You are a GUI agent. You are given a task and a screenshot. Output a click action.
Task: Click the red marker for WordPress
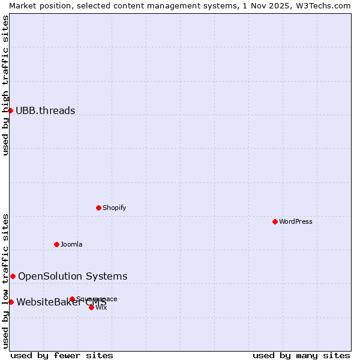click(275, 221)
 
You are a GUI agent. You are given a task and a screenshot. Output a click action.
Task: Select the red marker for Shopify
click(98, 208)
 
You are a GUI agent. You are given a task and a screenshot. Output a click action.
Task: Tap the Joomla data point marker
click(56, 244)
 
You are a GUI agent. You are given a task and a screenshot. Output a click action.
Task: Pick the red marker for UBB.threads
click(10, 110)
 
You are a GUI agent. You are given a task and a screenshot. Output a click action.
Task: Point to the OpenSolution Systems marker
click(13, 276)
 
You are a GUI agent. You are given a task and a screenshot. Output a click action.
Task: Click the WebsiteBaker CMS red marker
click(11, 302)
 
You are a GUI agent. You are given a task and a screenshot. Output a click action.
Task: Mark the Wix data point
click(91, 307)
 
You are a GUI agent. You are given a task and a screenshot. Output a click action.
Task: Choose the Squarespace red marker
click(72, 299)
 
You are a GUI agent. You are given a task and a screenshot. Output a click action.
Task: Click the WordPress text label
click(296, 221)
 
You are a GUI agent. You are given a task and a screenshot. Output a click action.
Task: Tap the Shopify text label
click(114, 208)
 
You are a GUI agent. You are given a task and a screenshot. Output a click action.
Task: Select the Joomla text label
click(71, 244)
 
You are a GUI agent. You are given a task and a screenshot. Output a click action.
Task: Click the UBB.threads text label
click(46, 110)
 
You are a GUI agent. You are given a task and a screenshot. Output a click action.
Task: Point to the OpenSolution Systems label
click(73, 276)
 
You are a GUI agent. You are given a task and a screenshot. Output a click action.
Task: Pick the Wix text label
click(101, 307)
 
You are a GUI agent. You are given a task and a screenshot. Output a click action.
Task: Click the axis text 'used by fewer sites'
click(62, 355)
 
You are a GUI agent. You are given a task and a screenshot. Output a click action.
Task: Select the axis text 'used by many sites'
click(301, 355)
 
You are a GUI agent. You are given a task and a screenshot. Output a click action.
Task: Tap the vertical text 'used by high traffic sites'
click(5, 85)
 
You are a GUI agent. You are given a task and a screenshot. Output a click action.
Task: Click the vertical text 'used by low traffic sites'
click(5, 280)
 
